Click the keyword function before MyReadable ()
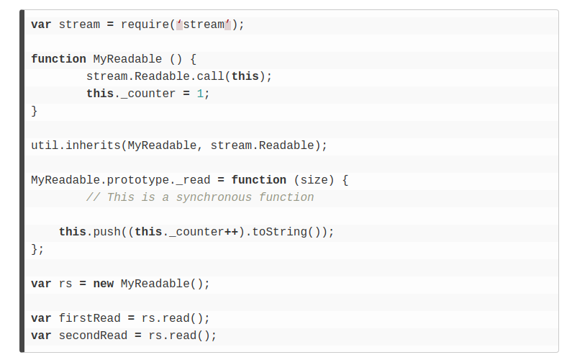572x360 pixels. tap(58, 59)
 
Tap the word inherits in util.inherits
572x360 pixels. tap(94, 145)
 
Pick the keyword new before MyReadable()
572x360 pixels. tap(104, 284)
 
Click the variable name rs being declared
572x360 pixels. tap(65, 284)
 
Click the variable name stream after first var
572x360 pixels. tap(79, 24)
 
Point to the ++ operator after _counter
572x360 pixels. tap(232, 232)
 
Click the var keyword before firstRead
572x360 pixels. tap(41, 318)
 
